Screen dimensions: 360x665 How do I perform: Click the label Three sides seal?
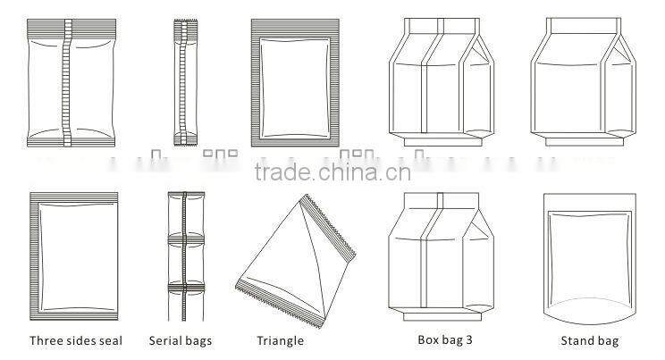(x=76, y=340)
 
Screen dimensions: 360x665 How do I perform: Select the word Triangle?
(x=281, y=340)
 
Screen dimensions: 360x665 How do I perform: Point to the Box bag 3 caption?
(x=444, y=339)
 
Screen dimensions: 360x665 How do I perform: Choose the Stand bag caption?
(x=589, y=340)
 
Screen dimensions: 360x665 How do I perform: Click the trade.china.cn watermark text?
(x=332, y=172)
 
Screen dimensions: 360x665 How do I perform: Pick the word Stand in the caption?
(x=577, y=340)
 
